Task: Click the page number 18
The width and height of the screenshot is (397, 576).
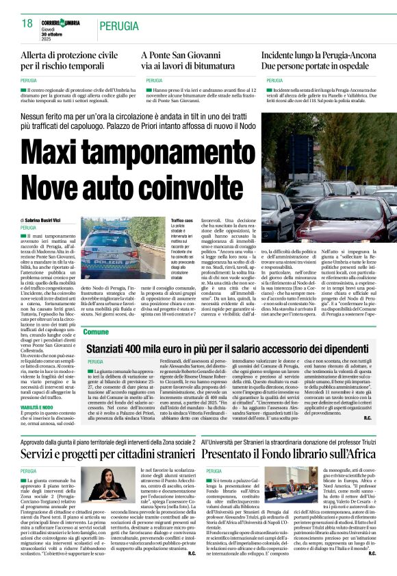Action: click(27, 24)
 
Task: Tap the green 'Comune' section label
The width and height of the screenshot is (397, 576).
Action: click(96, 332)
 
